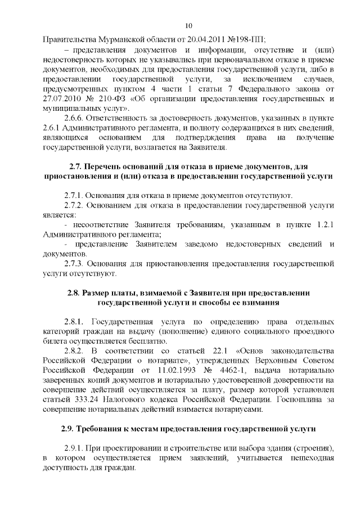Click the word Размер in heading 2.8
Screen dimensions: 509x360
coord(96,293)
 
